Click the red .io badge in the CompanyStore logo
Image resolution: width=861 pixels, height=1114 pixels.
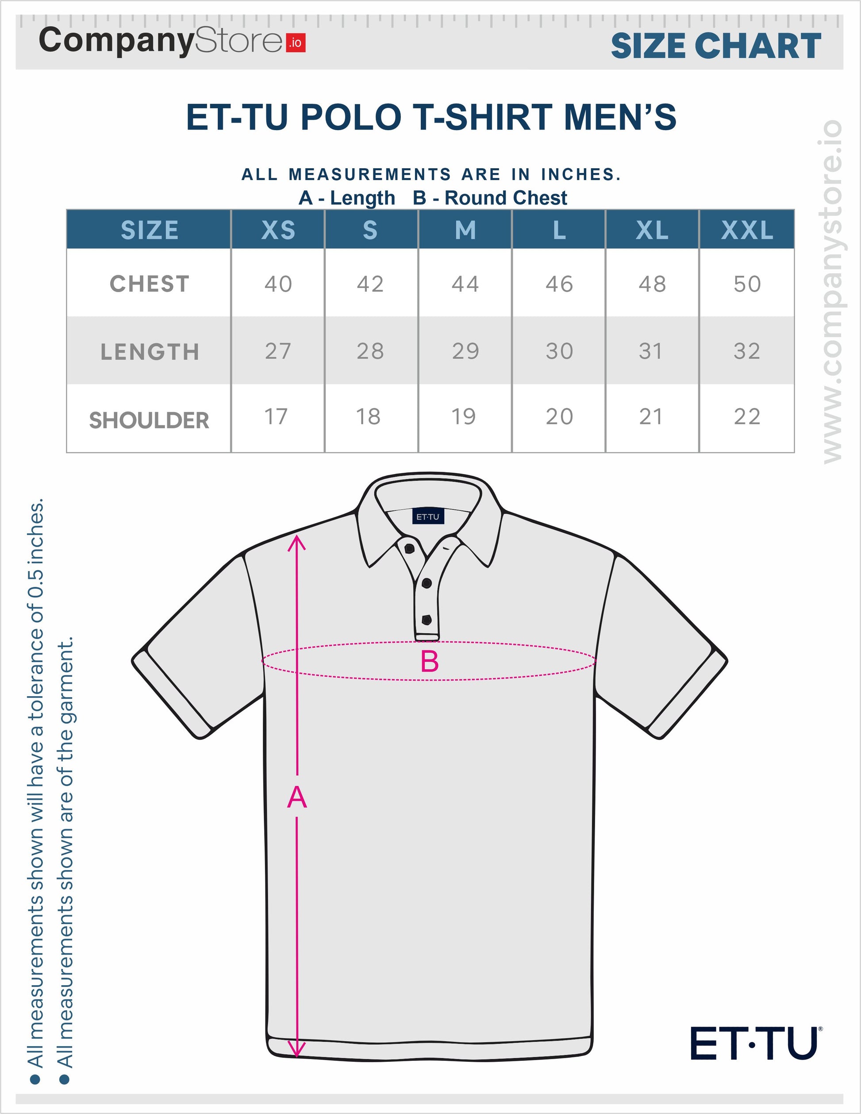(296, 43)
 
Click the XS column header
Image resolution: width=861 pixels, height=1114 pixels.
(278, 230)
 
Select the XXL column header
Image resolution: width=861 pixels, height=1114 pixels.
(747, 230)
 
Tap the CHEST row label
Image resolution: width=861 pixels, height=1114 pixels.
(150, 284)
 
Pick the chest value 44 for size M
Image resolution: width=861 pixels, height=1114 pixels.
(465, 284)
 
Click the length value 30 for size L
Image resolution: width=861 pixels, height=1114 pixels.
(559, 351)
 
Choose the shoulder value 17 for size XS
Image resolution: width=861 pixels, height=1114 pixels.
(276, 417)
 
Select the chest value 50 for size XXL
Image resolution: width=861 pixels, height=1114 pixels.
(747, 284)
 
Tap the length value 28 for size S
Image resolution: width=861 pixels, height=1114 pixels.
(370, 351)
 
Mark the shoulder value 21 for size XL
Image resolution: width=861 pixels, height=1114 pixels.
(651, 417)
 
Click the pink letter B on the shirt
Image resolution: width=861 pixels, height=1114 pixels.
(429, 662)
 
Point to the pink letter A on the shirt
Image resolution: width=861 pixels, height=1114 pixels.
(297, 797)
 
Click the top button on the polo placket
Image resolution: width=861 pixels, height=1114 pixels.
(409, 548)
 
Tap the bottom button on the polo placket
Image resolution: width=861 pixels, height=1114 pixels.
(427, 620)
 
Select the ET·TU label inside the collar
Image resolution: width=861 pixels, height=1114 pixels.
(428, 517)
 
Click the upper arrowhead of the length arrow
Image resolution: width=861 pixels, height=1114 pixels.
(297, 543)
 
